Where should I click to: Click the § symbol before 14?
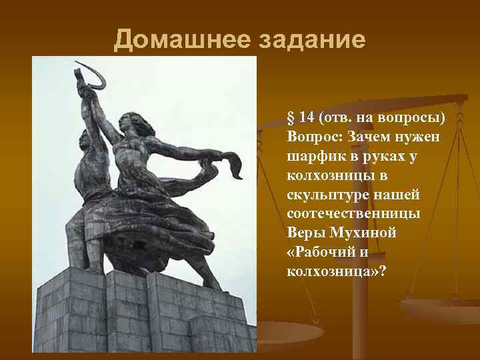click(x=290, y=118)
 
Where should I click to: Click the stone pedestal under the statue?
click(x=140, y=313)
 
